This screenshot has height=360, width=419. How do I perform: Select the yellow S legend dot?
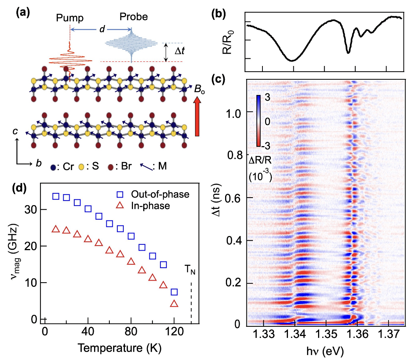(x=82, y=167)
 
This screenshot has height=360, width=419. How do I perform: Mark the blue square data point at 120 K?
(x=174, y=292)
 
